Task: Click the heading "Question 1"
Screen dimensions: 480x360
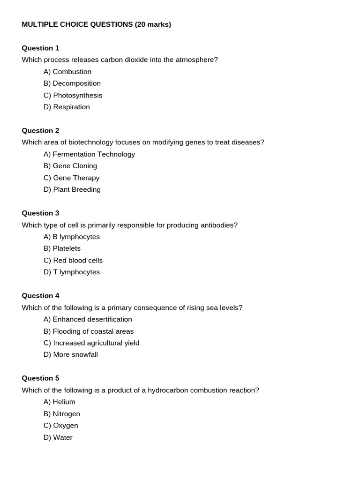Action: tap(40, 48)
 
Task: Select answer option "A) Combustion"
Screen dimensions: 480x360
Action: tap(67, 72)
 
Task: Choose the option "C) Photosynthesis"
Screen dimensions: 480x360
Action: tap(73, 95)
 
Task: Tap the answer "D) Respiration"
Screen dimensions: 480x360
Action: tap(67, 107)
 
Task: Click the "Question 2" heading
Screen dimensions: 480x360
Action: tap(40, 130)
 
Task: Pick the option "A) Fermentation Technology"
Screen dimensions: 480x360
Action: tap(89, 154)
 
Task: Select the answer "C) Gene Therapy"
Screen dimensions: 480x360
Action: tap(71, 178)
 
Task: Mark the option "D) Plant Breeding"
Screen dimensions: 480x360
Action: tap(72, 189)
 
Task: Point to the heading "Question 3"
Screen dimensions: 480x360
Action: tap(40, 213)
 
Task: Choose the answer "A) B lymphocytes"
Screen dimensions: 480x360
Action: tap(72, 237)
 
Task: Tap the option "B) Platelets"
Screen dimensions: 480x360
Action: tap(62, 248)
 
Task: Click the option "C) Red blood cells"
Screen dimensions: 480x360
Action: tap(73, 260)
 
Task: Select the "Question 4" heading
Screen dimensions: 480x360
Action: tap(40, 295)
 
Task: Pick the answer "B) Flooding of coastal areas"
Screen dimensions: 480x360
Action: tap(89, 331)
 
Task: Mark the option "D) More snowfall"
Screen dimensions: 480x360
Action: tap(71, 354)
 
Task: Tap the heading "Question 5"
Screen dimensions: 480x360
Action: tap(40, 378)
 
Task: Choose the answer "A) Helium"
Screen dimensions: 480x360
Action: tap(59, 402)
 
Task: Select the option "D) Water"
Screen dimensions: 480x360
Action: tap(58, 437)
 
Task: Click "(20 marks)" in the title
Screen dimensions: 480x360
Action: tap(153, 24)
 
